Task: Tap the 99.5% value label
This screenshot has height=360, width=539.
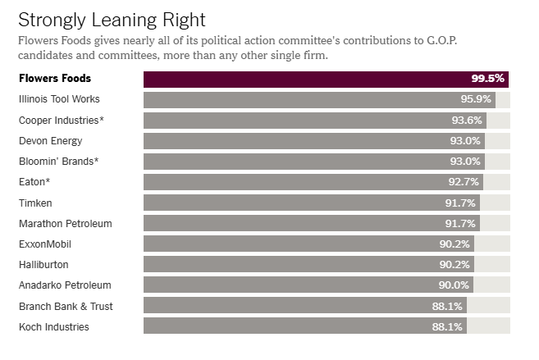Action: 487,80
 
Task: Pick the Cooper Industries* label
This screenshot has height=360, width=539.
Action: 61,121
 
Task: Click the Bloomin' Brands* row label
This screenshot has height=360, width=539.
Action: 57,162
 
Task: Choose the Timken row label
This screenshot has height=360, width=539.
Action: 35,203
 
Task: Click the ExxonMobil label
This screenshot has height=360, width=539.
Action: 44,244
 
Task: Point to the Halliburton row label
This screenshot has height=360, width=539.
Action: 43,265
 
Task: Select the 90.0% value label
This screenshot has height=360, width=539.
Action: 454,285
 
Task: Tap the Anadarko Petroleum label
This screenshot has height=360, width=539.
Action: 65,285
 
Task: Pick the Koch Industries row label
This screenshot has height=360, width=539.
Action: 53,327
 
